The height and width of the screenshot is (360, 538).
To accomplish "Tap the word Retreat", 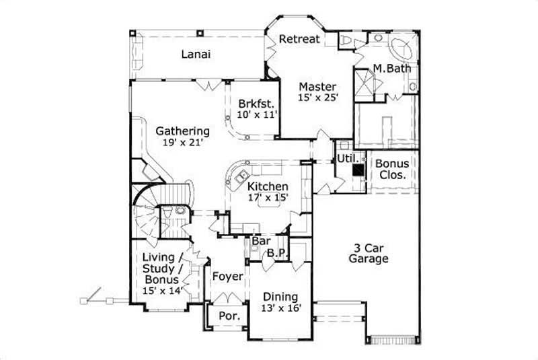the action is click(x=299, y=39).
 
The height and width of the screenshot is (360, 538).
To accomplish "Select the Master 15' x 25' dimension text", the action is click(x=317, y=98).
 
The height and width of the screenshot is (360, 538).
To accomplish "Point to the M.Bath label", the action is click(x=393, y=69).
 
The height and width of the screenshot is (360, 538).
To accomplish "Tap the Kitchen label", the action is click(x=268, y=186).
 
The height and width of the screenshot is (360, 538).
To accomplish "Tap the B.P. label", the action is click(x=277, y=253).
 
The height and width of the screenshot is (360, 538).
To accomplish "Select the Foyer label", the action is click(x=227, y=276).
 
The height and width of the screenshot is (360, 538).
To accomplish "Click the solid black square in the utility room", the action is click(x=358, y=171).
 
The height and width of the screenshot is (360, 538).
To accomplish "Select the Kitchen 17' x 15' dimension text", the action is click(x=268, y=198).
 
